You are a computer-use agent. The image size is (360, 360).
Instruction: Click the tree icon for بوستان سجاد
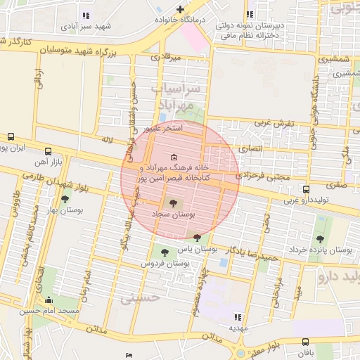174,203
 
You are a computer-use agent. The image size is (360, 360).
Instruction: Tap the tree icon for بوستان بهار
65,200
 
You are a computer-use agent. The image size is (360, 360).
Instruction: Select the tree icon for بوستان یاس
197,238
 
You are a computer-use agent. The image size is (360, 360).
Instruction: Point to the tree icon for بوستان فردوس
165,252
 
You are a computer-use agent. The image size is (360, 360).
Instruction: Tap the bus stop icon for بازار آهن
48,151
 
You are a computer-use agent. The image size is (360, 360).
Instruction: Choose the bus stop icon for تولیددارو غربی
305,188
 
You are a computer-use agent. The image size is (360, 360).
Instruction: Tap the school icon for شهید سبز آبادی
86,15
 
